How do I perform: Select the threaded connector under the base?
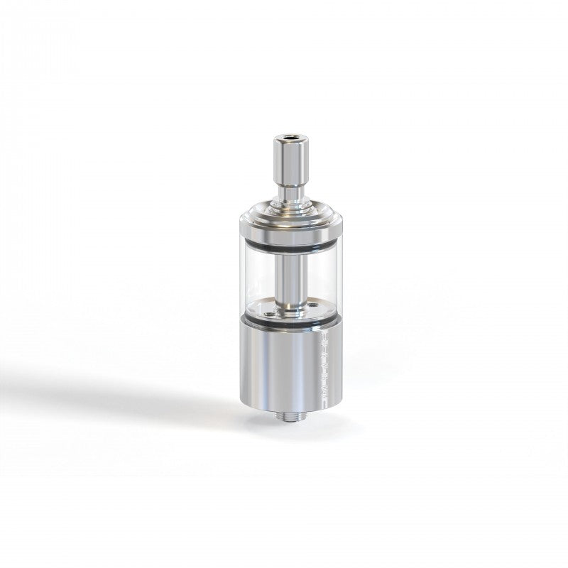pos(289,415)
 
